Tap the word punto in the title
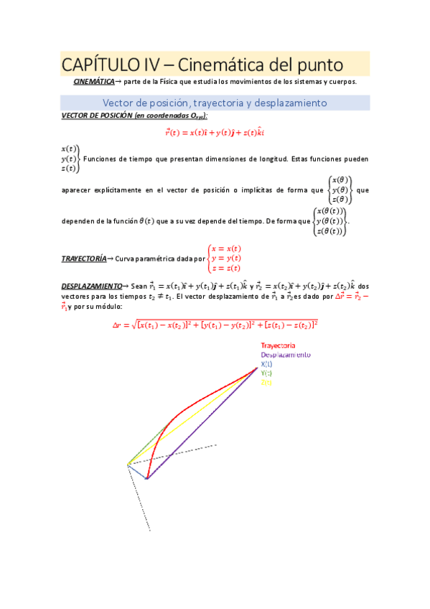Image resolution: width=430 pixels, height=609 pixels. (x=316, y=65)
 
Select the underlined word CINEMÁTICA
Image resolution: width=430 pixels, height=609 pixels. (x=93, y=82)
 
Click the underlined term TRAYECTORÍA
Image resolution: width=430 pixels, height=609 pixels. (x=83, y=258)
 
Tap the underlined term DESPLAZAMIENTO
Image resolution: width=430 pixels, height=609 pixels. (x=90, y=285)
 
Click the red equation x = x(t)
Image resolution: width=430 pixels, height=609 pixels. (x=226, y=248)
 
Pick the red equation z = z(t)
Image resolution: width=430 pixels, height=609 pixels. (x=226, y=268)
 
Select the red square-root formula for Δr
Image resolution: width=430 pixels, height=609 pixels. (x=215, y=325)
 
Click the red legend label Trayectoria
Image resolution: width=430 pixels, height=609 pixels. (x=279, y=345)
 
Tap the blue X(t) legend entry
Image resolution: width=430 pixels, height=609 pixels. (x=267, y=364)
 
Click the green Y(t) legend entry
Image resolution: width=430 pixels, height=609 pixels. (x=266, y=373)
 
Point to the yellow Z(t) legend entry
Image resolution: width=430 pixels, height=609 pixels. (x=266, y=383)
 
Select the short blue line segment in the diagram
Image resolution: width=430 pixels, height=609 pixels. (x=137, y=471)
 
